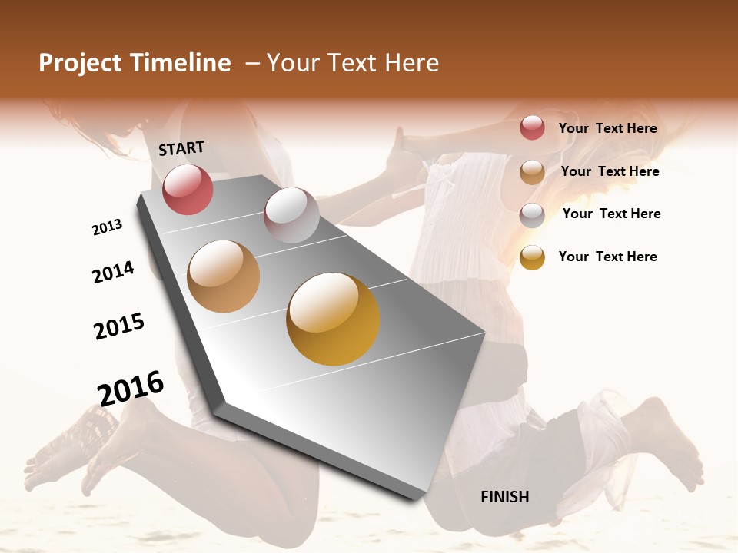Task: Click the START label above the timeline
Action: pyautogui.click(x=181, y=148)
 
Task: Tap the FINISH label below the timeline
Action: pyautogui.click(x=504, y=497)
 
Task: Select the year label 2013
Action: pyautogui.click(x=107, y=227)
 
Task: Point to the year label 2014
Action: pyautogui.click(x=113, y=272)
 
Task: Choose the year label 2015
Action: pyautogui.click(x=119, y=326)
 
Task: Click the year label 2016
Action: pyautogui.click(x=131, y=388)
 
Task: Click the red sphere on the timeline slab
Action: pyautogui.click(x=188, y=189)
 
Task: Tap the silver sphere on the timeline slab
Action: pyautogui.click(x=291, y=214)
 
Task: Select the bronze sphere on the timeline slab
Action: pyautogui.click(x=224, y=276)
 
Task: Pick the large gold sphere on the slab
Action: pyautogui.click(x=333, y=319)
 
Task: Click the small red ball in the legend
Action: pyautogui.click(x=532, y=127)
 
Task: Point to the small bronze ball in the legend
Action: pyautogui.click(x=532, y=172)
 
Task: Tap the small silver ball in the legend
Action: pyautogui.click(x=532, y=215)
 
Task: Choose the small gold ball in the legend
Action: pyautogui.click(x=532, y=257)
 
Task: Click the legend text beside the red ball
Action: pyautogui.click(x=607, y=128)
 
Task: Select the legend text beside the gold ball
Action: pyautogui.click(x=607, y=257)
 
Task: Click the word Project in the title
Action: pyautogui.click(x=80, y=63)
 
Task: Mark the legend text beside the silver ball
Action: pyautogui.click(x=611, y=214)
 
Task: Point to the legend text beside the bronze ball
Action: pyautogui.click(x=610, y=171)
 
